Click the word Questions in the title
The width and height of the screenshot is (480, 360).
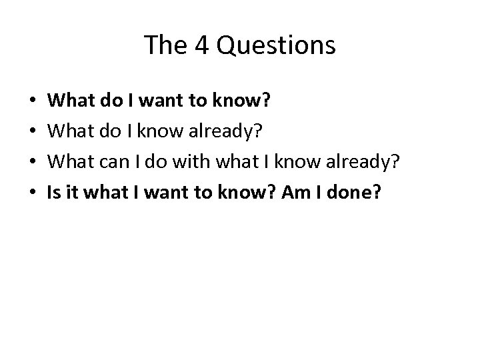tap(288, 45)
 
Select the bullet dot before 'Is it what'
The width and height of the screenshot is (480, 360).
tap(33, 193)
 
